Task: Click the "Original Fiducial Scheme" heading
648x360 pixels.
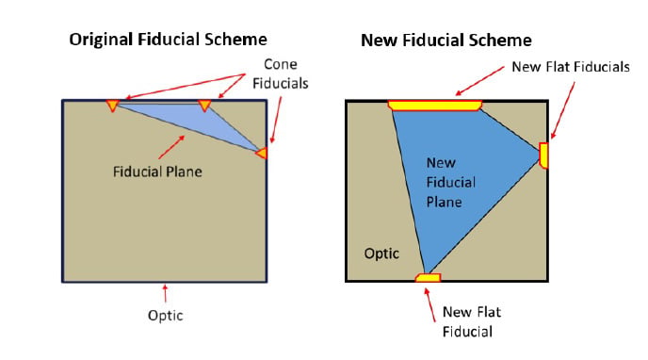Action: coord(168,40)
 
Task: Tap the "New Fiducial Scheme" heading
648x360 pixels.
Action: coord(445,41)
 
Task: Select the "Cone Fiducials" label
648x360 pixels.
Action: coord(280,74)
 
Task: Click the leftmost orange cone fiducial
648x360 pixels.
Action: coord(112,105)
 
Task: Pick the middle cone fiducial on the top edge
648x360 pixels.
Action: coord(204,105)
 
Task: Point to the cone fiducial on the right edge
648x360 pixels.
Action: coord(262,153)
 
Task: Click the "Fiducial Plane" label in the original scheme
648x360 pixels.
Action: coord(157,172)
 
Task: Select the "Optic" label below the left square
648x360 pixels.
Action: coord(166,316)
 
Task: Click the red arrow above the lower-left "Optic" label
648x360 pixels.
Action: coord(166,293)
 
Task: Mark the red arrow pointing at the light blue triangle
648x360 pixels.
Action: coord(171,147)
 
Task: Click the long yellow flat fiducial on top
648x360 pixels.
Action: coord(435,106)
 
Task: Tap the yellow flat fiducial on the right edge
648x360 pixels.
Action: coord(543,155)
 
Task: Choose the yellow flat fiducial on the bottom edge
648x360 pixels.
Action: coord(429,277)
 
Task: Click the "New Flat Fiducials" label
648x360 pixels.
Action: coord(571,67)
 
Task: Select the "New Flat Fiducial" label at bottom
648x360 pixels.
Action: coord(472,321)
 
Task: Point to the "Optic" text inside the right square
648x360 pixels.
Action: coord(381,254)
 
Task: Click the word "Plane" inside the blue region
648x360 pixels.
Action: coord(444,202)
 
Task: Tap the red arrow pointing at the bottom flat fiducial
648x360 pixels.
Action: coord(429,304)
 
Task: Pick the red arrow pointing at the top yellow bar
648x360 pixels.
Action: coord(479,81)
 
